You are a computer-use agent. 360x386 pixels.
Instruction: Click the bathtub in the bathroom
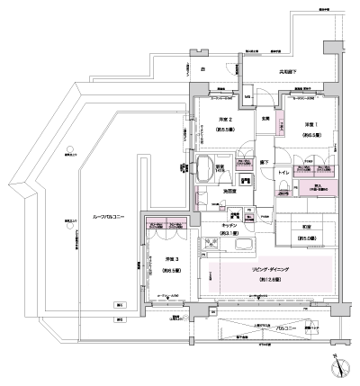pos(214,169)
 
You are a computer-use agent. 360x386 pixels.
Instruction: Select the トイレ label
pos(282,171)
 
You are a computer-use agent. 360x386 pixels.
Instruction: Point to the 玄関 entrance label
pos(266,119)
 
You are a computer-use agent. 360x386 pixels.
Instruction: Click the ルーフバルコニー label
pos(108,218)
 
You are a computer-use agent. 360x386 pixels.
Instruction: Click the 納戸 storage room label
pos(320,189)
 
